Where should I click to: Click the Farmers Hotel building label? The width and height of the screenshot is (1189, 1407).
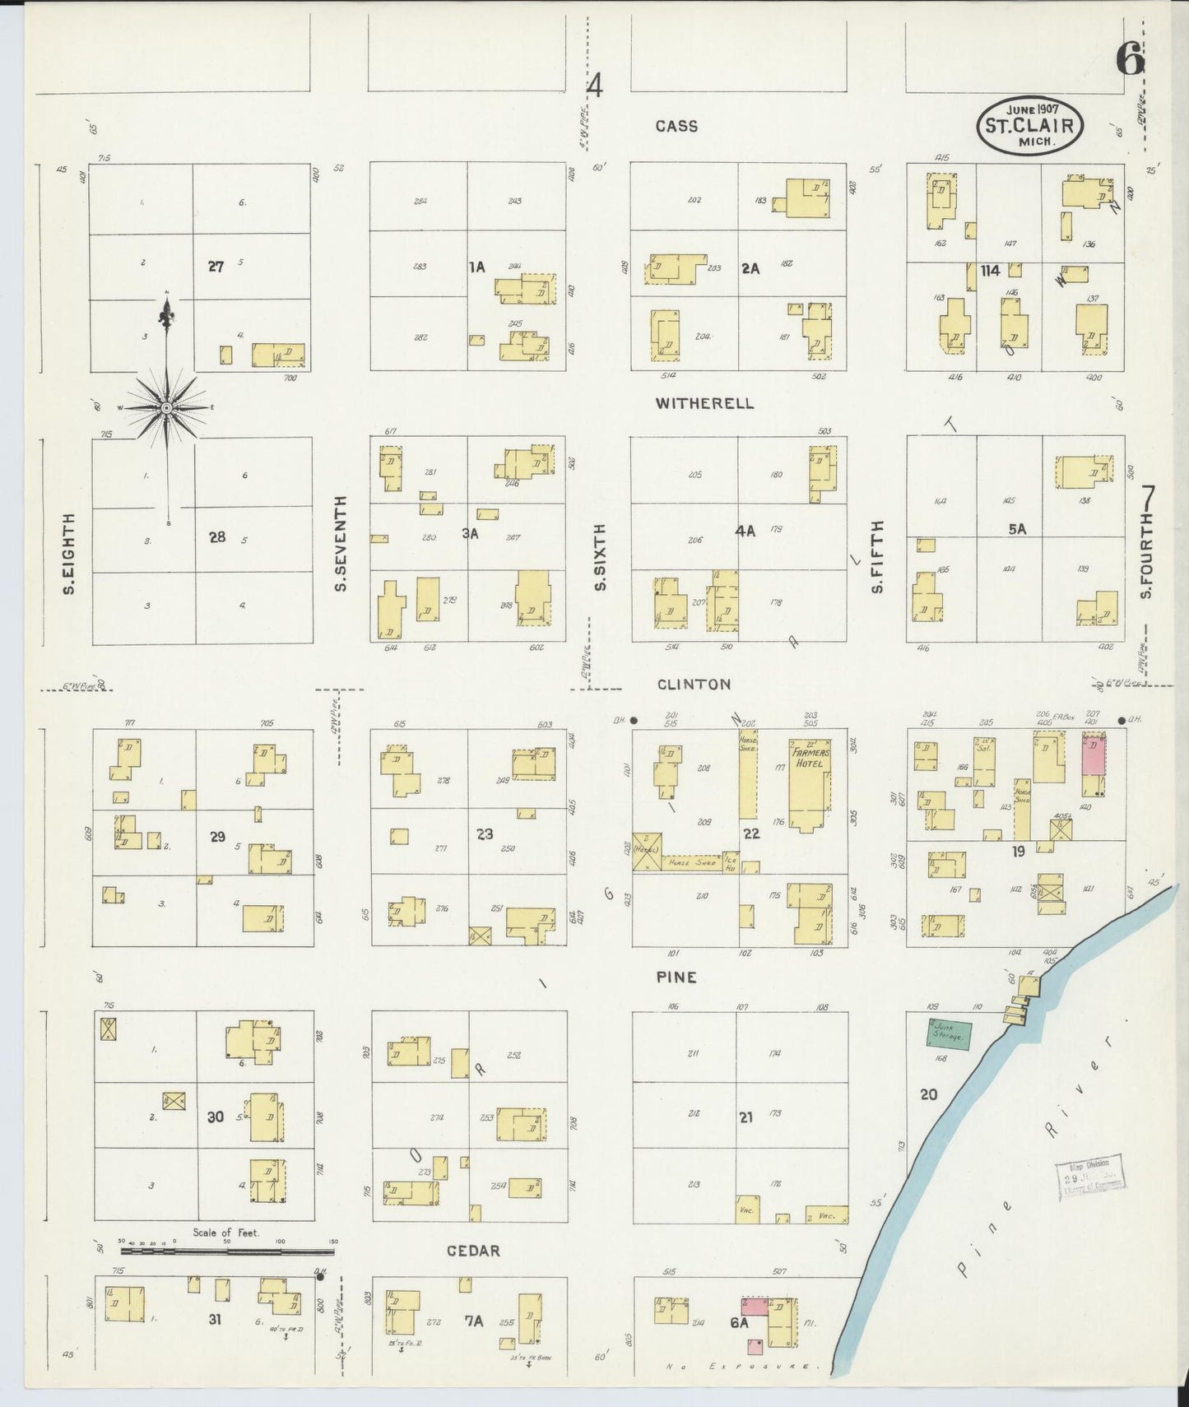808,757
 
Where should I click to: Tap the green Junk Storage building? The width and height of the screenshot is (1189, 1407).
949,1033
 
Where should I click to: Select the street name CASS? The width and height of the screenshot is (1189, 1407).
676,126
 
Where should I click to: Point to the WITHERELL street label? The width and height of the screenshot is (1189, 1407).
704,403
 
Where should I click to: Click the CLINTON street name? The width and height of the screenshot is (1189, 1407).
694,684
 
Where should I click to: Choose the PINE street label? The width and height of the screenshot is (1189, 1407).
676,977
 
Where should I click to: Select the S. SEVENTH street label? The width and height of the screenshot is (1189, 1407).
341,543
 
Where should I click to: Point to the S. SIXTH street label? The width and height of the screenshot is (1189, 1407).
600,557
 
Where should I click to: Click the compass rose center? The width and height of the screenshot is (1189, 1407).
167,407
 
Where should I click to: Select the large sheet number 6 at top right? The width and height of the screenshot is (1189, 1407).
1131,58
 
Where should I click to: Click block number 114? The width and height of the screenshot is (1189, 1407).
989,270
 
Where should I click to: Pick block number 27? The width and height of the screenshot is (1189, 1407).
216,266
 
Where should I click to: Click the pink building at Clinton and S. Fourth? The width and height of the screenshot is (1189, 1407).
1092,755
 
